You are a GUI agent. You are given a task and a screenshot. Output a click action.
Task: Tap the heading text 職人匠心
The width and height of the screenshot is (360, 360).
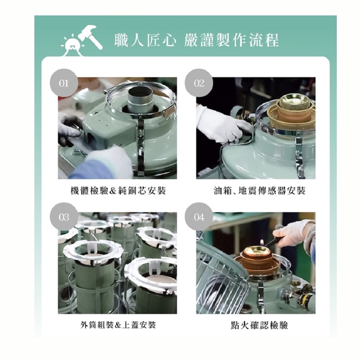145,40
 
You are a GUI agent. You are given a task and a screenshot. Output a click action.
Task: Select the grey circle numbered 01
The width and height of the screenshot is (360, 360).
64,83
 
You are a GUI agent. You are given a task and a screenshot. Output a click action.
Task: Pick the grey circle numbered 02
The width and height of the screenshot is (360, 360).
199,83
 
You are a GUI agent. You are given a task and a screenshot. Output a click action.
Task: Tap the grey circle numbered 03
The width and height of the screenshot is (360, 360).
64,217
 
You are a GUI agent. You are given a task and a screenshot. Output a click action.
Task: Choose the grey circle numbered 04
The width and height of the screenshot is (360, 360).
199,217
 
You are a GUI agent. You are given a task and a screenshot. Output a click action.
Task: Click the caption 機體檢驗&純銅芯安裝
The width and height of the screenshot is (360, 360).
118,191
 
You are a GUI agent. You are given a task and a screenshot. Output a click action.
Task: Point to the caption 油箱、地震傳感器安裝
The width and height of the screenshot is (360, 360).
260,191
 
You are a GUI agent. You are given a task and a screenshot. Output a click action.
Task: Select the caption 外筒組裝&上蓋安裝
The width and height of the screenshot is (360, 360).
118,325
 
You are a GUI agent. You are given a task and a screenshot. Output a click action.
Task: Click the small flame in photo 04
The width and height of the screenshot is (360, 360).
262,243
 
